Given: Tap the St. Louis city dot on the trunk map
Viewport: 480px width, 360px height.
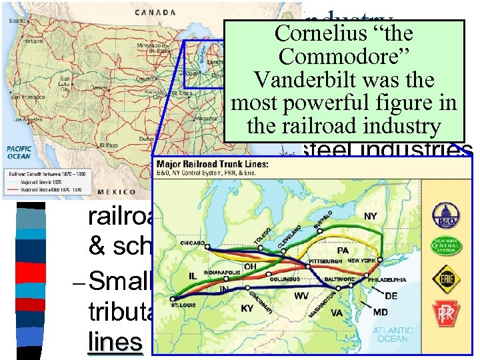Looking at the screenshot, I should [173, 299].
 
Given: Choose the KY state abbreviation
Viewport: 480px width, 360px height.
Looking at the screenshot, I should [248, 309].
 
